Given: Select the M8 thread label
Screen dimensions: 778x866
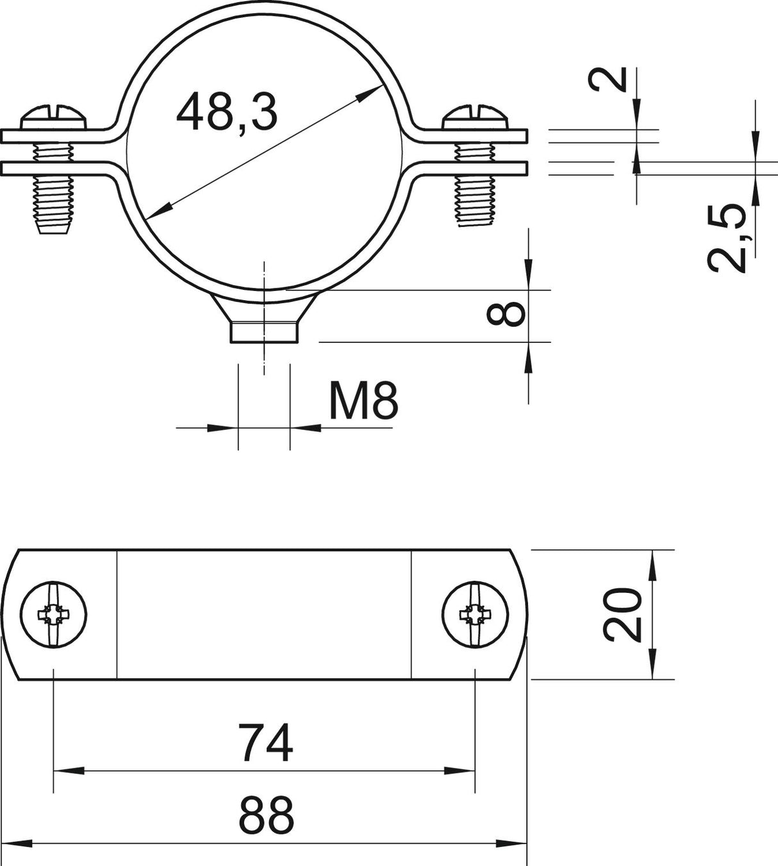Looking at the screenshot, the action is (363, 401).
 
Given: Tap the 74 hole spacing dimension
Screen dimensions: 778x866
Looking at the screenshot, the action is (265, 743).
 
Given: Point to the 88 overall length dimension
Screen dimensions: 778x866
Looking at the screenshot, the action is (266, 815).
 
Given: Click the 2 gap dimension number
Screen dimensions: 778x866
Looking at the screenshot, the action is (607, 79).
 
